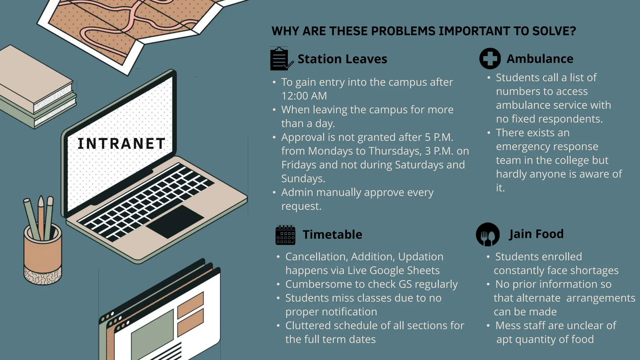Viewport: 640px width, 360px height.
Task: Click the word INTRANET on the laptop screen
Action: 121,144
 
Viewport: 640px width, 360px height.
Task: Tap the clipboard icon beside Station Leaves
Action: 280,59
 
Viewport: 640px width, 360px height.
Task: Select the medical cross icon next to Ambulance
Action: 490,58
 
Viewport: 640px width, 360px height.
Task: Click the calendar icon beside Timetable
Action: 285,235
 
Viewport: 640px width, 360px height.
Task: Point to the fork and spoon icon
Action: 487,235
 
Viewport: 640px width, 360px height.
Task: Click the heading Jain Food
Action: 536,234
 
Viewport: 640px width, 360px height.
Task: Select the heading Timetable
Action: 332,234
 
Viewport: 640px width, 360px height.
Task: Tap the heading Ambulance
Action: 540,59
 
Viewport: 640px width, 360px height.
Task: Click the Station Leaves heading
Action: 342,59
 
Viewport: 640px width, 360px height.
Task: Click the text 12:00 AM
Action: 304,96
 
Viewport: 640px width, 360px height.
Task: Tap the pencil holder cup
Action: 43,253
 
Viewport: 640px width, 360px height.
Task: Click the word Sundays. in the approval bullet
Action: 303,178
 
